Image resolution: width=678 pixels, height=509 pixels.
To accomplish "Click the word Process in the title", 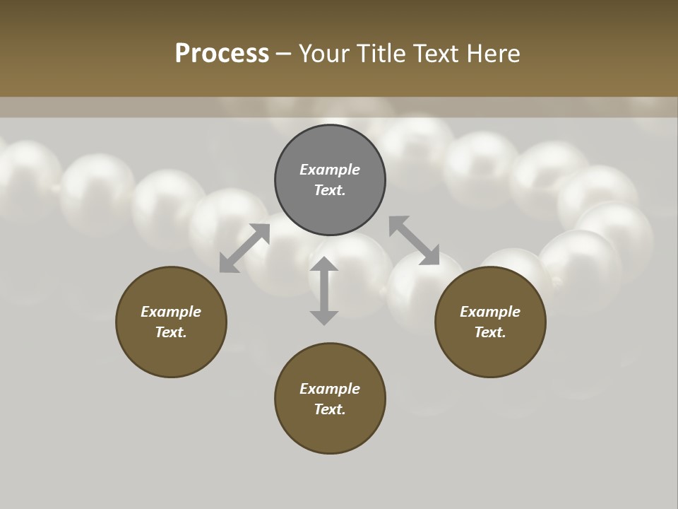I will coord(222,53).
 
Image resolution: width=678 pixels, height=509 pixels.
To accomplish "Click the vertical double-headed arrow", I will coord(324,291).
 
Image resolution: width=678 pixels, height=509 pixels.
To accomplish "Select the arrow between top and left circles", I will coord(244,248).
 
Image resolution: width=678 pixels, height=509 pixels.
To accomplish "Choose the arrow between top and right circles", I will coord(414,240).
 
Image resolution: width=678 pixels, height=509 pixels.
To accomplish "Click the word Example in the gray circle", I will coord(330,170).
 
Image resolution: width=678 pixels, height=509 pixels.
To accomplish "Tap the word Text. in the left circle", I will coord(171,332).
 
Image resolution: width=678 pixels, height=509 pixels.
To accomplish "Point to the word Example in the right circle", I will coord(490,312).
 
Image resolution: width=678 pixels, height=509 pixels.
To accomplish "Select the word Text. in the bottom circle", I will coord(330,409).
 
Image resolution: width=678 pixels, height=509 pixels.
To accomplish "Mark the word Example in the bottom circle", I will coord(330,389).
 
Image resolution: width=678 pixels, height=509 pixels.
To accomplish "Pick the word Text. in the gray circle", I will coord(330,190).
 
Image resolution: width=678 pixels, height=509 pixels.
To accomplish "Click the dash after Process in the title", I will coord(284,54).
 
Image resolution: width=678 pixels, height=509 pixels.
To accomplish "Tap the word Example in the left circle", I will coord(171,312).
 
